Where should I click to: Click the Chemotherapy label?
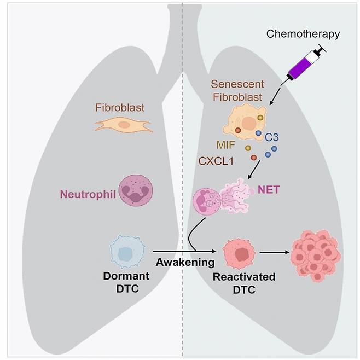coord(303,34)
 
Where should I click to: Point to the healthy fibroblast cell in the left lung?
coord(124,125)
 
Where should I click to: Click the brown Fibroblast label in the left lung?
coord(119,108)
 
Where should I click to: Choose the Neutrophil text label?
coord(88,193)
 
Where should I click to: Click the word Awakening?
coord(185,262)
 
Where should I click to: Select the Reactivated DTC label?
coord(243,283)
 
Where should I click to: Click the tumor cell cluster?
coord(315,254)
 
